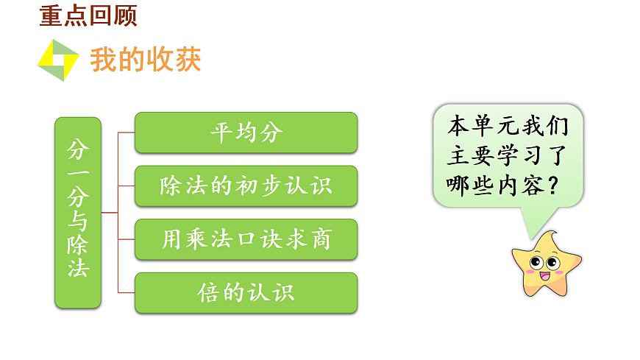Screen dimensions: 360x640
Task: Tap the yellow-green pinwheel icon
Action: pos(58,60)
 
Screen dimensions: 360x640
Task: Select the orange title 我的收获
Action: pos(145,60)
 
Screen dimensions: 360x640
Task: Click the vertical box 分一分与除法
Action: pos(77,212)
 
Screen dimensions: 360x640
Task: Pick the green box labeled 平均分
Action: pos(246,133)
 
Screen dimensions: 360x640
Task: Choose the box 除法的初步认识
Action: pos(246,186)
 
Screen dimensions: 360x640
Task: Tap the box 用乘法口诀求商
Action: pos(246,239)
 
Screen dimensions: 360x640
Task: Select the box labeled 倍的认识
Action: pos(246,293)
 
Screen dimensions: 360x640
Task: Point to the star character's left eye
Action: pos(536,262)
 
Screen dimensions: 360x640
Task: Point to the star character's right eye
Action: pos(552,261)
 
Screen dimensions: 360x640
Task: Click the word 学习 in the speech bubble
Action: pos(524,156)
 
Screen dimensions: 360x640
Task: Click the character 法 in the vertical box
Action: pos(77,269)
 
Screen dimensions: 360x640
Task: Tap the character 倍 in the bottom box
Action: pos(207,293)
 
